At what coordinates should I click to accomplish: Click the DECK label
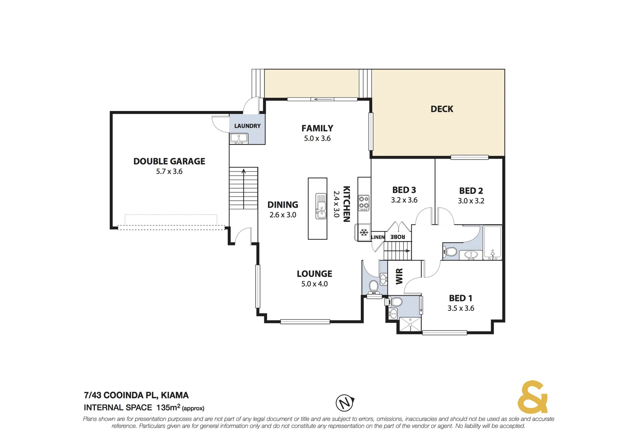click(442, 109)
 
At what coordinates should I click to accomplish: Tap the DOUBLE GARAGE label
click(169, 161)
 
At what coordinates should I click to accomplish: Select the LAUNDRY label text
click(247, 126)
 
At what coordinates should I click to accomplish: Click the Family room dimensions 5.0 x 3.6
click(317, 139)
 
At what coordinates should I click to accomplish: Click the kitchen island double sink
click(321, 206)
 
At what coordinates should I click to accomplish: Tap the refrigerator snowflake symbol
click(364, 233)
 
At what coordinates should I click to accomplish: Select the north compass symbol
click(345, 402)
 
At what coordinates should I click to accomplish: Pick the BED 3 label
click(404, 190)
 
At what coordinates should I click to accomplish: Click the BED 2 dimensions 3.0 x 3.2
click(471, 201)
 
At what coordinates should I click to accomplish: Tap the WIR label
click(399, 276)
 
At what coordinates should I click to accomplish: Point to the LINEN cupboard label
click(378, 237)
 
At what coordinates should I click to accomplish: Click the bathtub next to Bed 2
click(492, 243)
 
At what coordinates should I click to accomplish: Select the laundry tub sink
click(239, 139)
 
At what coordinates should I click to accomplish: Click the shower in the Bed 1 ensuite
click(410, 324)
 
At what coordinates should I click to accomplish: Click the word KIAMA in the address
click(175, 395)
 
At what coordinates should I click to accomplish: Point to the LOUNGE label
click(314, 274)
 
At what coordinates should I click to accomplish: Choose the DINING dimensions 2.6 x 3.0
click(283, 215)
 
